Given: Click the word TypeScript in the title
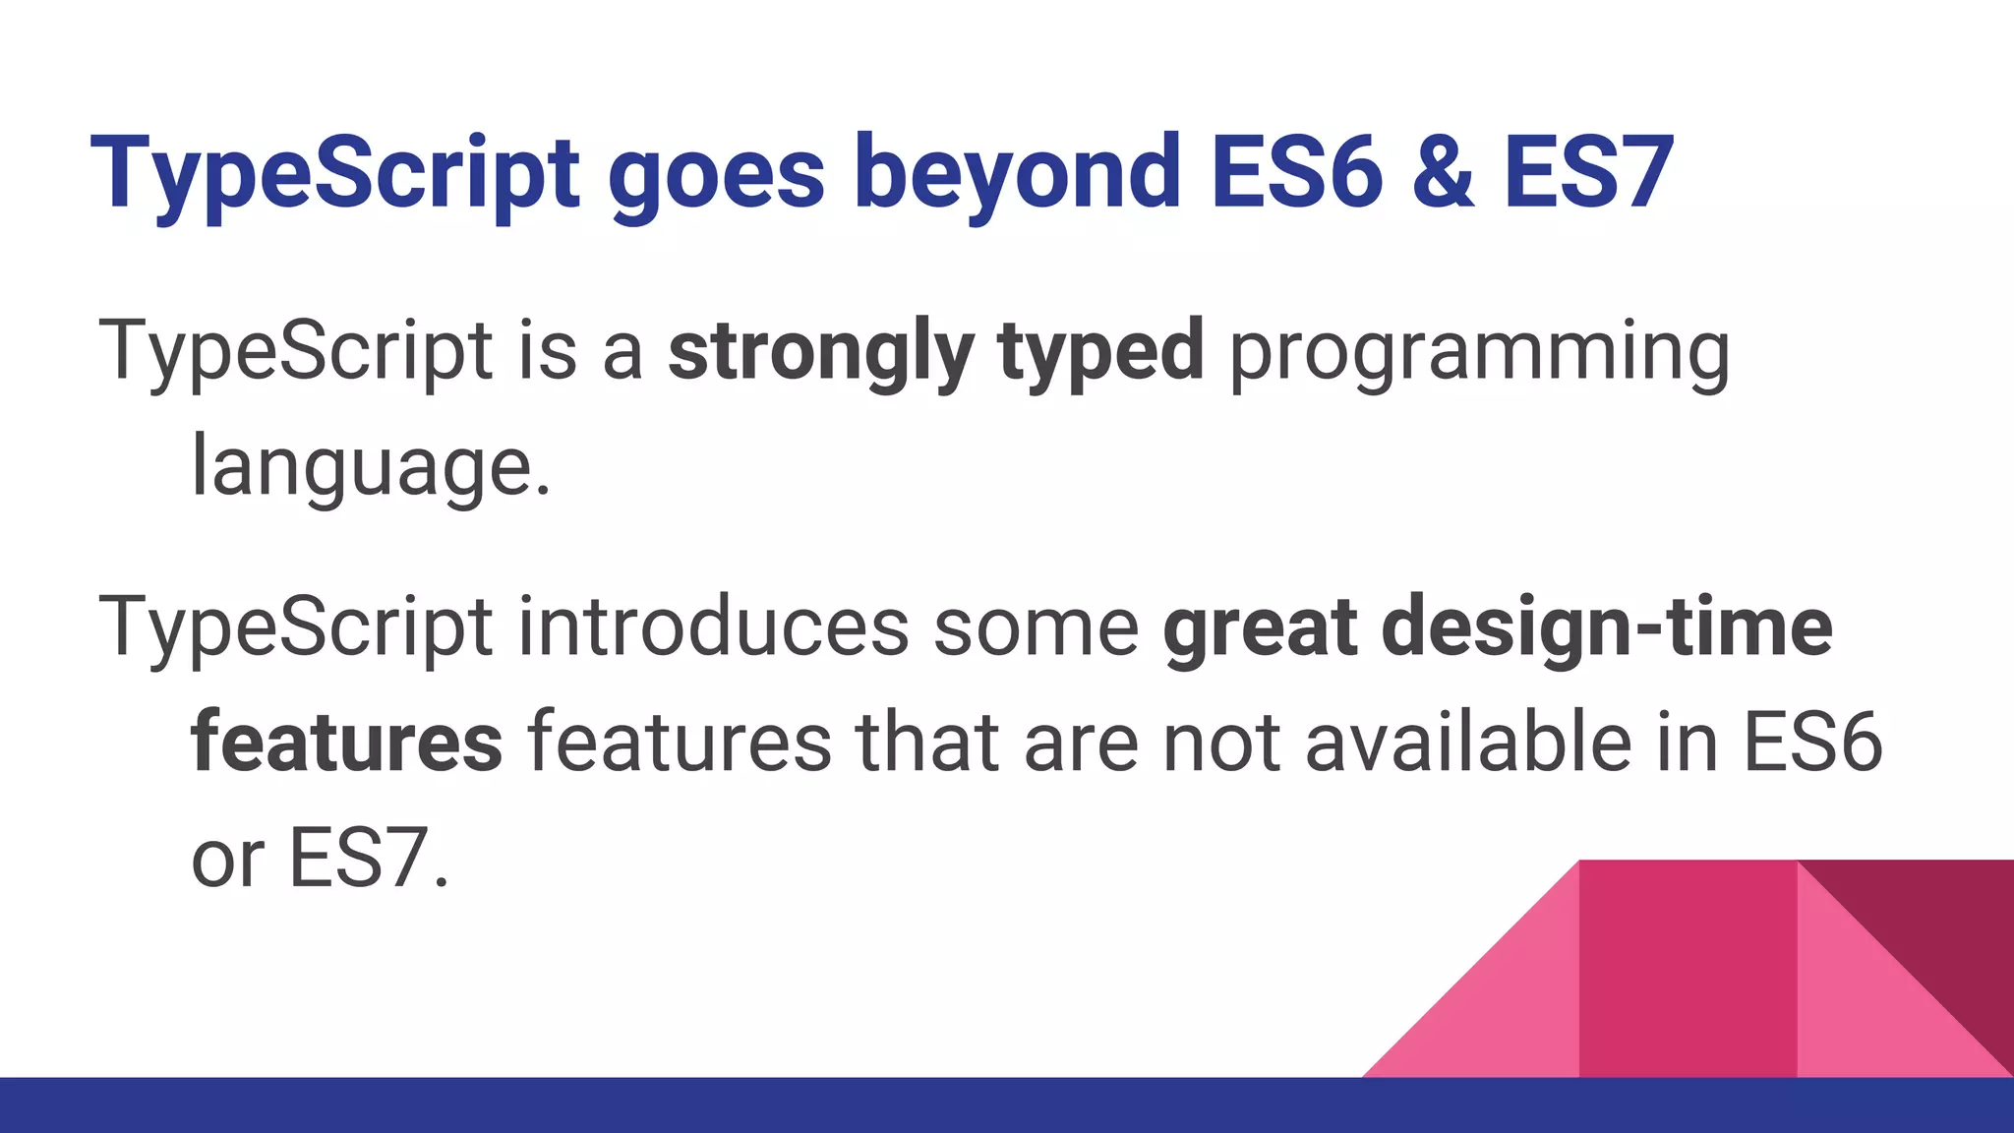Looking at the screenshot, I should point(334,175).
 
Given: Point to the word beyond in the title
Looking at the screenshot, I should point(1017,175).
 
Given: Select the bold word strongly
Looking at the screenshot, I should point(821,352).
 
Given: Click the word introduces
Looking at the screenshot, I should point(713,627).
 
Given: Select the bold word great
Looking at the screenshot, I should point(1260,627).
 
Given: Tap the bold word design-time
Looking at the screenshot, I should point(1607,627).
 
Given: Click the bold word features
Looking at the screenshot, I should point(346,743).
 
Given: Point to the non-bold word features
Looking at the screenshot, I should point(680,743).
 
